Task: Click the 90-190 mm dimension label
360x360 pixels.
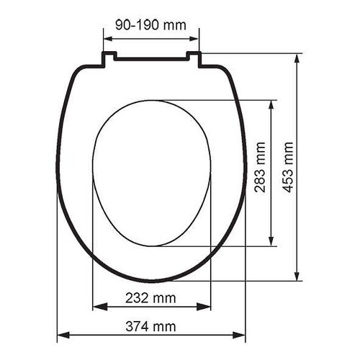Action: pos(150,25)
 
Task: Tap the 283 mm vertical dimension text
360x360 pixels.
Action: pos(260,167)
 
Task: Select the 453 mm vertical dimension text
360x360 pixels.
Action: pos(287,167)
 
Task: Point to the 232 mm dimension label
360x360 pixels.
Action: pos(150,298)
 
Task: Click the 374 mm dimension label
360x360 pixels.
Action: pos(150,326)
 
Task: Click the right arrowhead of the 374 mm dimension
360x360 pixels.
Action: pos(239,335)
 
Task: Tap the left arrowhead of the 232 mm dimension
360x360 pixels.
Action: pos(100,307)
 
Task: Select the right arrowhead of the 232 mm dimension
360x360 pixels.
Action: pos(204,307)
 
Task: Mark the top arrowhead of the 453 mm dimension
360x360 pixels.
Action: pos(297,61)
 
